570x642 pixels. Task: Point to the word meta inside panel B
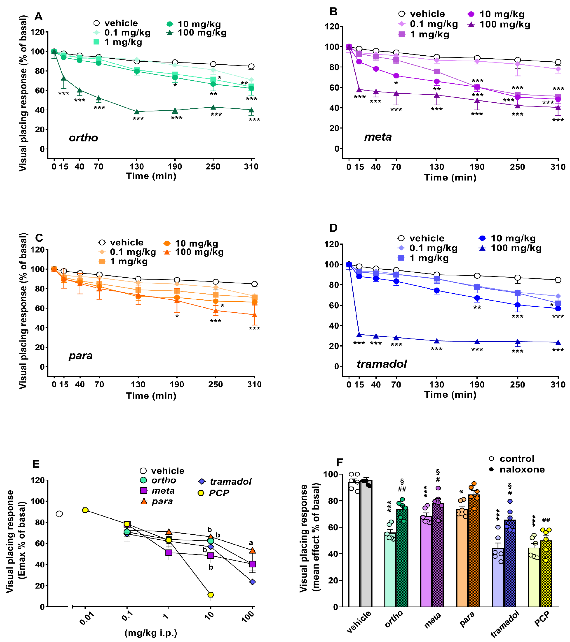(378, 137)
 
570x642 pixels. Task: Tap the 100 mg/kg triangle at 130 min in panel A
(137, 112)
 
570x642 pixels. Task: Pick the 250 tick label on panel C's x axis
(215, 384)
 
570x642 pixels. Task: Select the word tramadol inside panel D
(382, 364)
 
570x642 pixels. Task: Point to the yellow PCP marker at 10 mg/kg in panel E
(211, 595)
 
